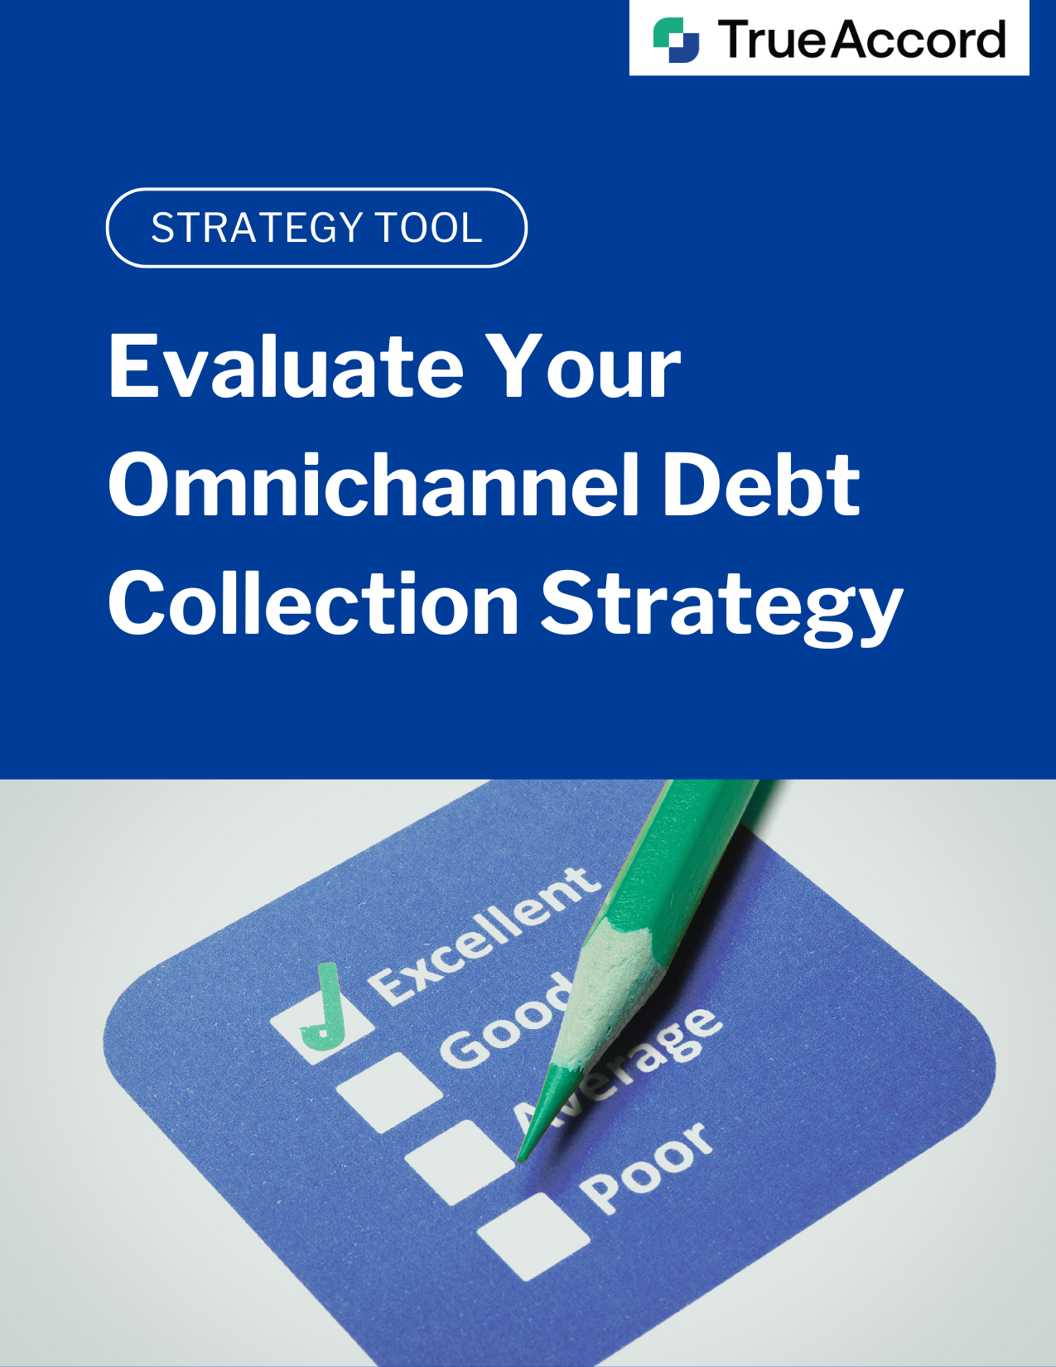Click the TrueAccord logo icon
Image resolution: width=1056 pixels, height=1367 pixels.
[676, 40]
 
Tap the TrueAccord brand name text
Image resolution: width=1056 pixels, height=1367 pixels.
[861, 39]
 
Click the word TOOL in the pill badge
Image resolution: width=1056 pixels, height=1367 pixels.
[429, 227]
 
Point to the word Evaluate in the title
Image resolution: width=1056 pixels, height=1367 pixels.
[287, 366]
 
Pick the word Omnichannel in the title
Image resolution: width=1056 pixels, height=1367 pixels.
[374, 485]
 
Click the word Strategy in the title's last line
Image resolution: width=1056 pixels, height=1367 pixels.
[722, 608]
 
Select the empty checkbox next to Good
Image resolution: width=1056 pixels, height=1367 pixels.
[389, 1091]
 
